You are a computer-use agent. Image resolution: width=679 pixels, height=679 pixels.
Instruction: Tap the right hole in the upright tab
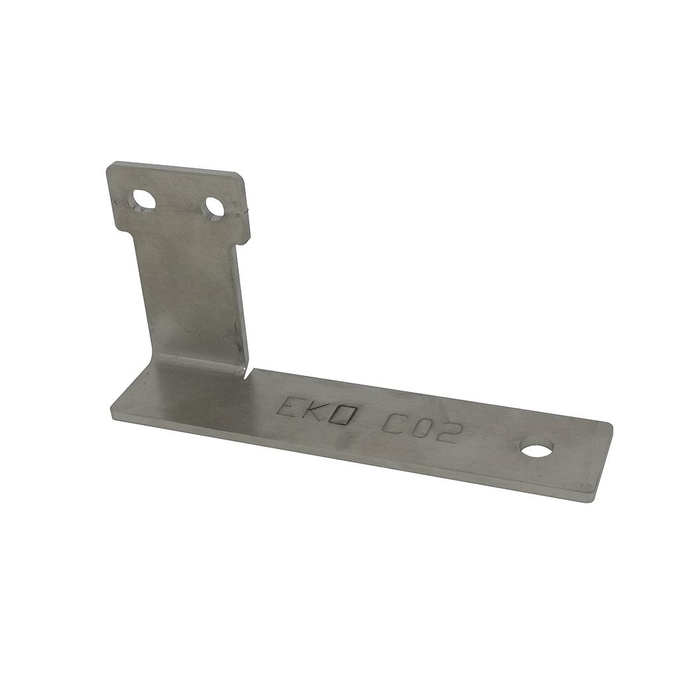(214, 207)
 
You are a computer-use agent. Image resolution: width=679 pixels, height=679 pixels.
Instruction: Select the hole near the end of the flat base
(537, 449)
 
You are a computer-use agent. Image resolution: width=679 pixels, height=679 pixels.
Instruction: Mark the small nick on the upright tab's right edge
(247, 212)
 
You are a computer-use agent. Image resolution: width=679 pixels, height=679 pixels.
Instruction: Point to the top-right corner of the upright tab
(240, 176)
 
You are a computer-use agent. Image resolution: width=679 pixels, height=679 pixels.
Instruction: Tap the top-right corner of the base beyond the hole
(609, 425)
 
